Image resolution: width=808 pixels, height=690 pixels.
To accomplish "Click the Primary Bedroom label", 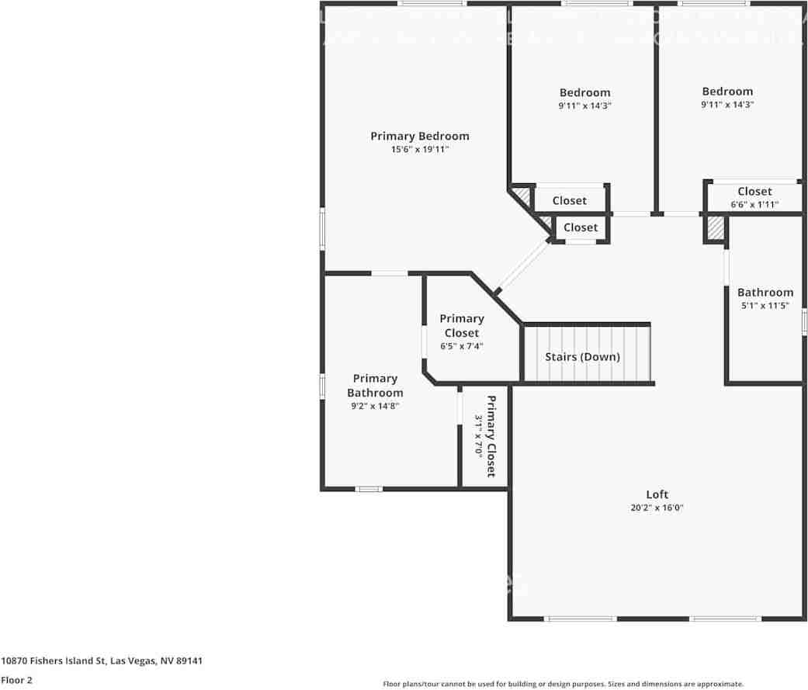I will [x=419, y=136].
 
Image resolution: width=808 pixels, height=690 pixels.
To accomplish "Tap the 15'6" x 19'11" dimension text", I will [x=419, y=149].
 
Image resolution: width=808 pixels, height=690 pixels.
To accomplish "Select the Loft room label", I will [x=657, y=494].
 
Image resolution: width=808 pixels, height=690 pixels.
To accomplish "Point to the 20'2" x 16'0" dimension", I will [x=657, y=508].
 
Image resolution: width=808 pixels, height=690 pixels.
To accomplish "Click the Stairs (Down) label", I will [x=582, y=357].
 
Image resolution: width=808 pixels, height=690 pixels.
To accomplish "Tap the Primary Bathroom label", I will [x=375, y=386].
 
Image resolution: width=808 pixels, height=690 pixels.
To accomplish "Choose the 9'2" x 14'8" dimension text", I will [x=375, y=406].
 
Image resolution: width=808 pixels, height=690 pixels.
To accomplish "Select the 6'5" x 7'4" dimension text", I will [x=461, y=346].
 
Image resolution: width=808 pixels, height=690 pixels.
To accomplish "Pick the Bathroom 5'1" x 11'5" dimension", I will [x=765, y=306].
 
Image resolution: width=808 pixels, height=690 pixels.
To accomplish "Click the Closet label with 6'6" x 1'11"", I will [x=754, y=191].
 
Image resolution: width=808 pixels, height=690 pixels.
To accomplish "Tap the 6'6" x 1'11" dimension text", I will [x=754, y=205].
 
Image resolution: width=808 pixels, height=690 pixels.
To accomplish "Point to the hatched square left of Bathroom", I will [x=714, y=228].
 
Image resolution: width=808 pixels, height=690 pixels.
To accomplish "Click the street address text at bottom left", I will [x=102, y=661].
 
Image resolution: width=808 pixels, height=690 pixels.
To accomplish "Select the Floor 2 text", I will [x=16, y=680].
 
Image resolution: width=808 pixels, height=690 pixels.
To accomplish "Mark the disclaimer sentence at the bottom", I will [x=563, y=684].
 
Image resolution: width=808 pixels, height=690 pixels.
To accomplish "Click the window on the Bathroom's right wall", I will [x=804, y=321].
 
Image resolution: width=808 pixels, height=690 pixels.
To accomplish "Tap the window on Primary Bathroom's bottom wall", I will [x=369, y=489].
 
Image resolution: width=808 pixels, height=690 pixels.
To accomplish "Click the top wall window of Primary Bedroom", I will [x=432, y=4].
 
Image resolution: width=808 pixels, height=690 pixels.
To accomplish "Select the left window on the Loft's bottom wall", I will [x=581, y=619].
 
